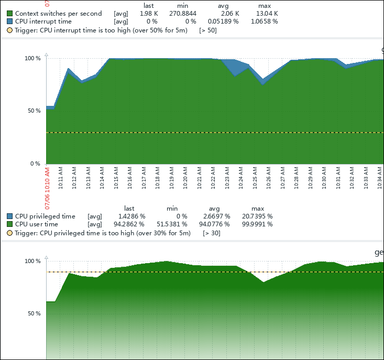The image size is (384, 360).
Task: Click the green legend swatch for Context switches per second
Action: coord(10,13)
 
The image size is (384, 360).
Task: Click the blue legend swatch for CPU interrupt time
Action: coord(10,21)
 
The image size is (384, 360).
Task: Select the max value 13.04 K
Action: coord(267,13)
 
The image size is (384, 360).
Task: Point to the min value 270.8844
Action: coord(183,13)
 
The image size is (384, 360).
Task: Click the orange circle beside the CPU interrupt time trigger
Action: coord(10,30)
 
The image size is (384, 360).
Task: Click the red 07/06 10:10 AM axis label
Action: coord(47,188)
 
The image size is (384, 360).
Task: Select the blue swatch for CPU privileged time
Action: coord(10,216)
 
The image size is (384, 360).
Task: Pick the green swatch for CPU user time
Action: coord(10,224)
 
